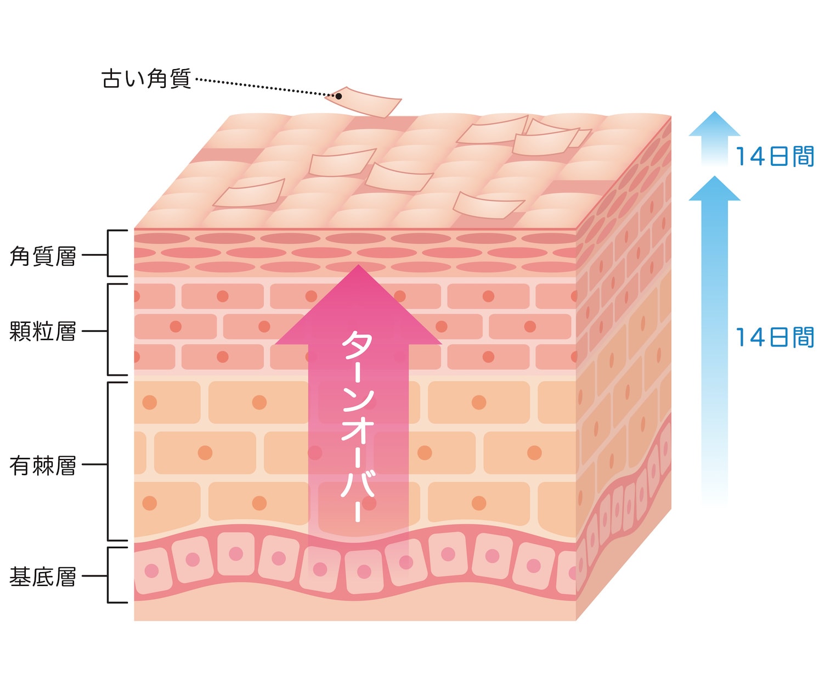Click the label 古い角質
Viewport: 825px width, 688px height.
pyautogui.click(x=146, y=79)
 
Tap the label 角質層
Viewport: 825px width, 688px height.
pyautogui.click(x=43, y=256)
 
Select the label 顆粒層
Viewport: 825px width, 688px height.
pyautogui.click(x=43, y=332)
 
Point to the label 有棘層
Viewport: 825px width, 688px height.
pyautogui.click(x=43, y=466)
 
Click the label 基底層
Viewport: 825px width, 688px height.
pyautogui.click(x=43, y=577)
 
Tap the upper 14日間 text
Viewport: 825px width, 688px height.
pyautogui.click(x=774, y=157)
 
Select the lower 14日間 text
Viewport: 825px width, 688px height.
pyautogui.click(x=774, y=337)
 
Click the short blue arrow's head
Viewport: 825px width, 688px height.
pyautogui.click(x=714, y=124)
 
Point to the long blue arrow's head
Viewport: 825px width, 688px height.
pyautogui.click(x=714, y=189)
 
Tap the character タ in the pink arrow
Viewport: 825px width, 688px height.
pyautogui.click(x=357, y=346)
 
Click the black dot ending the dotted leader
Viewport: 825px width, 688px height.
pyautogui.click(x=338, y=96)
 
